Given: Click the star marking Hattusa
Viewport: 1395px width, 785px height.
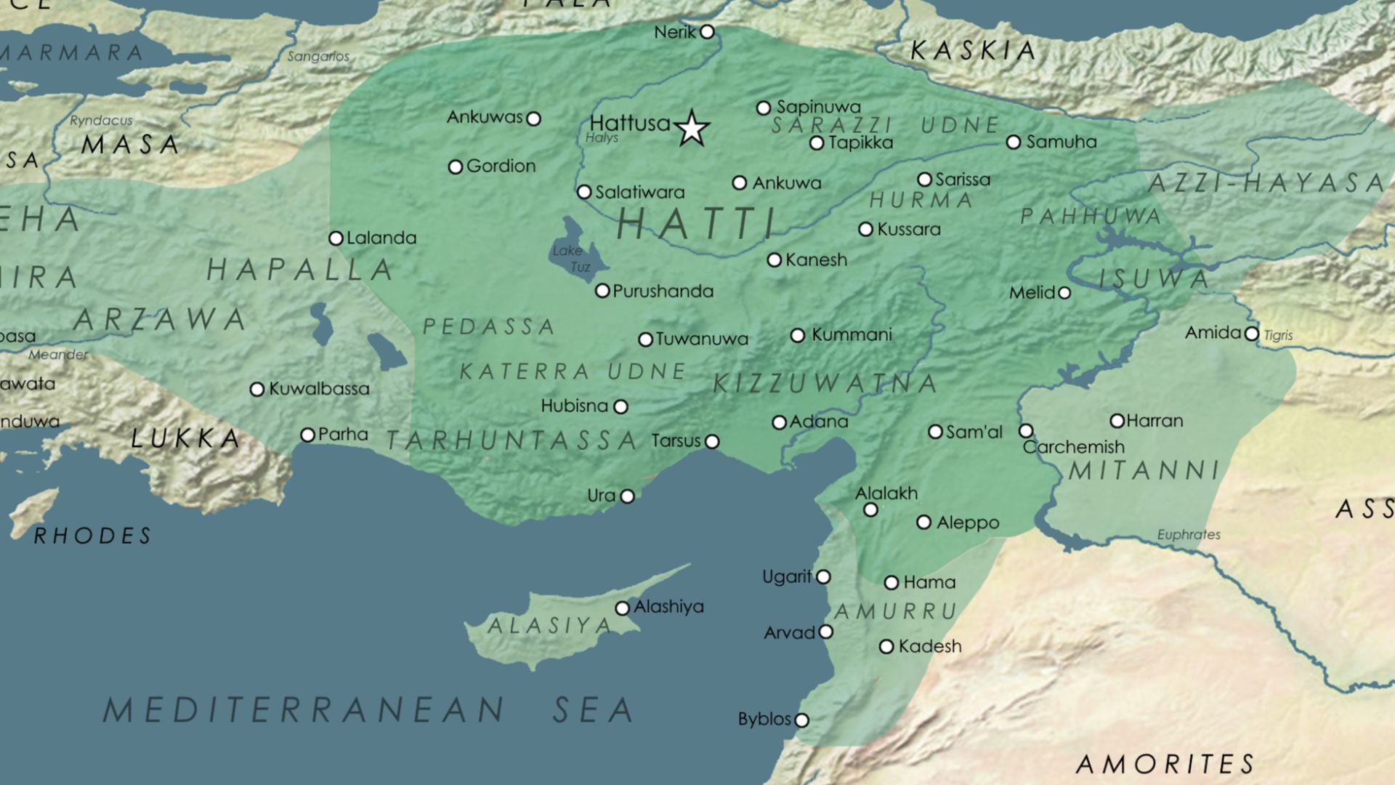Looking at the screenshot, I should coord(691,129).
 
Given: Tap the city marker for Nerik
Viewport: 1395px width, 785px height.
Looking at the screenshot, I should coord(707,32).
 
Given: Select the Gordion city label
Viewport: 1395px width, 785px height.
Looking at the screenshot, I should coord(501,166).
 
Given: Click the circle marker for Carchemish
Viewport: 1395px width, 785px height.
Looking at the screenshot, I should coord(1026,431).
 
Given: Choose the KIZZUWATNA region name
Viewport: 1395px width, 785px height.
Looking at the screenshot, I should coord(825,384).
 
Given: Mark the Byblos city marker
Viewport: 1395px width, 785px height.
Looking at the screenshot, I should coord(801,720).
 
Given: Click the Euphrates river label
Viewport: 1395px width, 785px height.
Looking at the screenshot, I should coord(1188,535).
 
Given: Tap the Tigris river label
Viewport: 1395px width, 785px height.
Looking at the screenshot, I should coord(1278,335).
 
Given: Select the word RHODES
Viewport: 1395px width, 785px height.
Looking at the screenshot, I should coord(93,536).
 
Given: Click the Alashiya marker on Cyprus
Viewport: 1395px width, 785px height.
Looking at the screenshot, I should coord(622,608).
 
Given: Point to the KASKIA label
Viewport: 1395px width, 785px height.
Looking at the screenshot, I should coord(974,51).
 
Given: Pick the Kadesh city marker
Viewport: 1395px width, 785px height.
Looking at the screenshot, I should coord(886,647).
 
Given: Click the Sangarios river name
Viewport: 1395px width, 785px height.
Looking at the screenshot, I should coord(318,57).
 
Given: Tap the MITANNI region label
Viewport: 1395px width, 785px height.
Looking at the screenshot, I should coord(1144,471).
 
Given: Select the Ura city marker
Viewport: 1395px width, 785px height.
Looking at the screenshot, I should coord(627,496).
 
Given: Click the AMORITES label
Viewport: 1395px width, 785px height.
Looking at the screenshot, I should coord(1165,765).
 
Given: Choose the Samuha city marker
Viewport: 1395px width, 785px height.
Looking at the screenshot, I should coord(1014,142).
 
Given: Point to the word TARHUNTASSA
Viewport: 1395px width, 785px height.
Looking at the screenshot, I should coord(511,440).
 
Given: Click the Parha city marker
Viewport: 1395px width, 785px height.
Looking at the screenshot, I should coord(307,435).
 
